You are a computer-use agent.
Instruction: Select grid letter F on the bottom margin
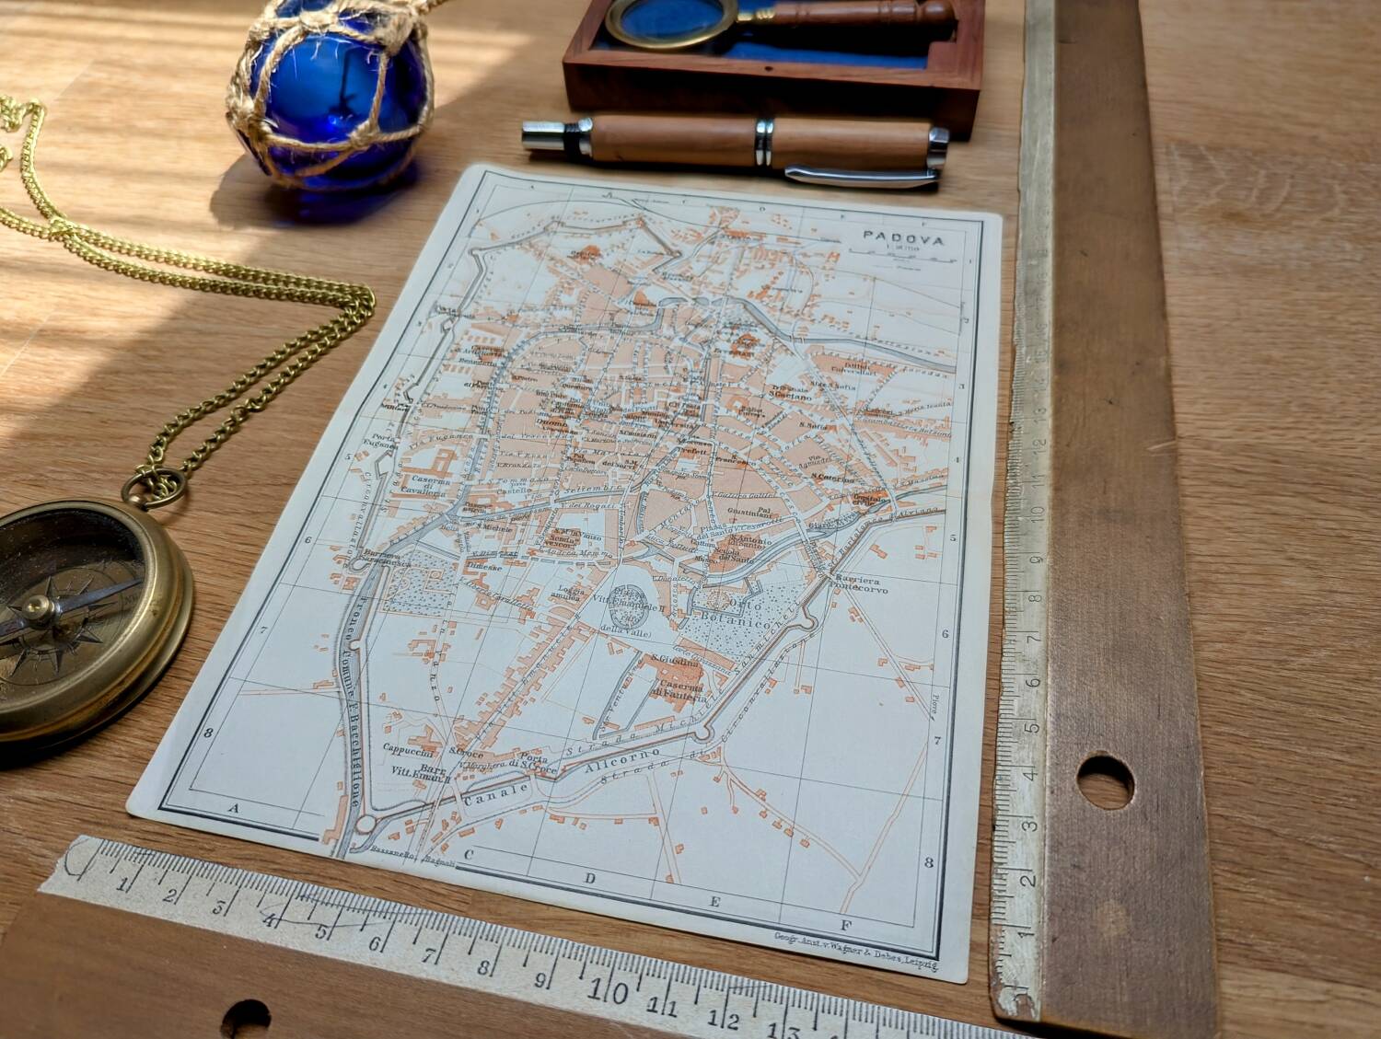(x=844, y=925)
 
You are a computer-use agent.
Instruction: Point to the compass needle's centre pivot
(x=37, y=605)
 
